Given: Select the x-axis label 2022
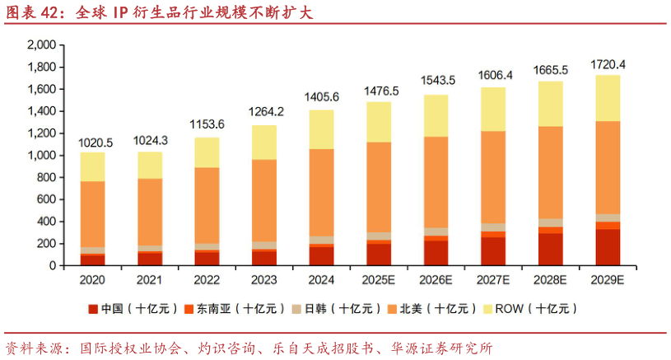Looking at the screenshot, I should [x=207, y=280].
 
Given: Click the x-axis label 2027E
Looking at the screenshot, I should [x=493, y=280].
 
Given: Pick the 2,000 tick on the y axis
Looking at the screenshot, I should [x=40, y=44].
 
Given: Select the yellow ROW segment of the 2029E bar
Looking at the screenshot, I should [x=608, y=98].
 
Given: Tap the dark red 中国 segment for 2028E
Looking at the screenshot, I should [x=551, y=250].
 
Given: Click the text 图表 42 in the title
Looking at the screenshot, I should [x=34, y=12].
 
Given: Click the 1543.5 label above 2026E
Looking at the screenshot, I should [x=436, y=80].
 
